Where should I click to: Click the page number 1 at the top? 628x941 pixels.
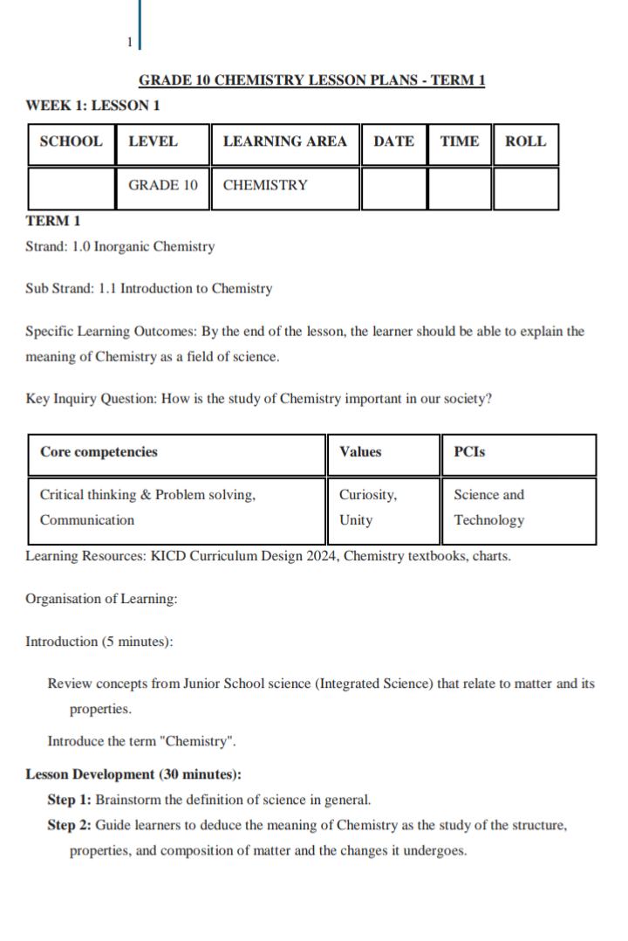(129, 41)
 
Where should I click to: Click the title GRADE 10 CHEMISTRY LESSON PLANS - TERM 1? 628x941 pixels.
(312, 80)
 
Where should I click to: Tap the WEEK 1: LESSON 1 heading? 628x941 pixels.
(93, 106)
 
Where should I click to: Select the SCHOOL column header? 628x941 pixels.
(72, 141)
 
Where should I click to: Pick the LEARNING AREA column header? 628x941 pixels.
(285, 141)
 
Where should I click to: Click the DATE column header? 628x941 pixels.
(393, 141)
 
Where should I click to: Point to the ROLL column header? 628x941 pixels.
(526, 141)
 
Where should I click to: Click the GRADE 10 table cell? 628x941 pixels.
(163, 185)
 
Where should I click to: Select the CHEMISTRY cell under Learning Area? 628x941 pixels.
(266, 185)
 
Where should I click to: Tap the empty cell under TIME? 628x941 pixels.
(460, 188)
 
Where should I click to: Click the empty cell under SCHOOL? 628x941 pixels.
(72, 188)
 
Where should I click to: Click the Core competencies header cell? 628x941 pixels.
(99, 452)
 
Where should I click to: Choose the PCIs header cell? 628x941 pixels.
(470, 452)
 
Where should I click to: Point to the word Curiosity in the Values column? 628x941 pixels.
(368, 495)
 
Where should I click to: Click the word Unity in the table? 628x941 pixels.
(356, 520)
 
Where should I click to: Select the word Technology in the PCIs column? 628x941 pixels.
(489, 520)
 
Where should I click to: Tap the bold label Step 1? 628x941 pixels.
(69, 799)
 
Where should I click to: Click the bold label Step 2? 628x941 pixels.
(69, 825)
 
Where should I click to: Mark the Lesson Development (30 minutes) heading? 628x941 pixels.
(133, 774)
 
